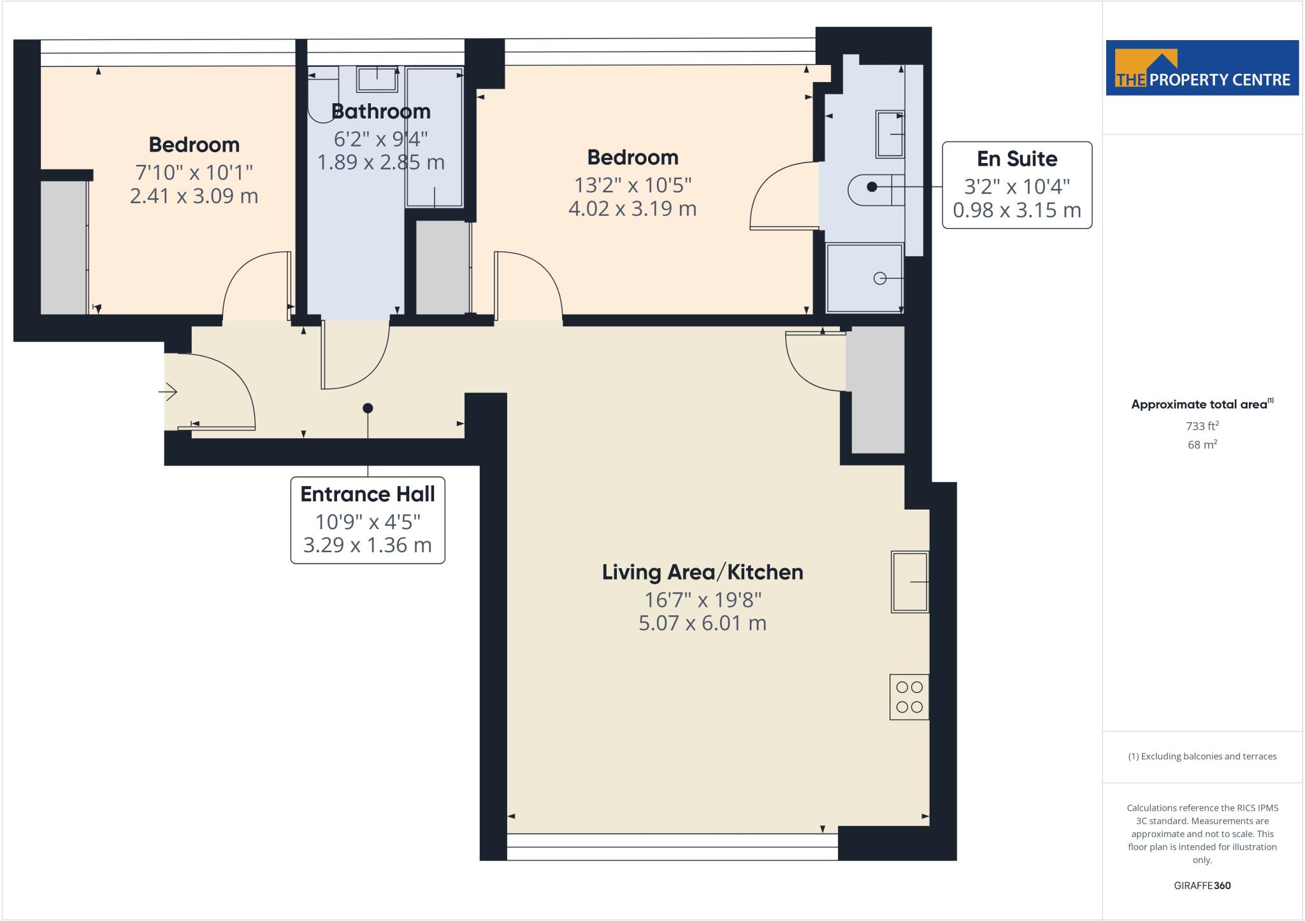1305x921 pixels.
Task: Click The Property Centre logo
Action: (x=1202, y=68)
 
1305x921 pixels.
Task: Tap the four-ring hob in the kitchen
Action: (x=909, y=697)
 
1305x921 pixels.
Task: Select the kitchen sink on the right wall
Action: (x=909, y=582)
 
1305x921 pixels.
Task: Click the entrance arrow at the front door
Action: (x=168, y=391)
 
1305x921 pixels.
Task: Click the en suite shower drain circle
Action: (x=880, y=278)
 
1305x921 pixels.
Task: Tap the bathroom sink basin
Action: (x=377, y=79)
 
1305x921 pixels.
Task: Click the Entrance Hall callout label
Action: (x=368, y=494)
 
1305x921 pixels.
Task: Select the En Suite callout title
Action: (x=1017, y=159)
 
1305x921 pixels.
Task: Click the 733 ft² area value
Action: (x=1202, y=426)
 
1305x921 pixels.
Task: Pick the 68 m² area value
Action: (x=1202, y=445)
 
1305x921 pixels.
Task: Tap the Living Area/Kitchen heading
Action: (x=702, y=572)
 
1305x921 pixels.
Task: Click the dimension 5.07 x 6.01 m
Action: (x=702, y=623)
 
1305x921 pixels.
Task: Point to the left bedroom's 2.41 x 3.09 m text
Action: (x=194, y=196)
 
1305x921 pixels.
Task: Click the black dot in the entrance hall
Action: (x=368, y=408)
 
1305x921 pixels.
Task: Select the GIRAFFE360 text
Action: (x=1202, y=885)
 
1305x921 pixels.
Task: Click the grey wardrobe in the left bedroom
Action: (x=64, y=247)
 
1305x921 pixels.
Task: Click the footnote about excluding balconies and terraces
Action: (x=1202, y=757)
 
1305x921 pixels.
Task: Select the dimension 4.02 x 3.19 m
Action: (x=632, y=209)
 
